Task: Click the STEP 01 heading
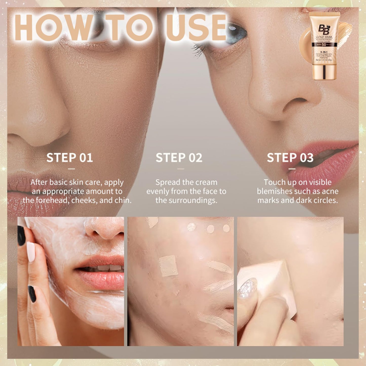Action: coord(70,158)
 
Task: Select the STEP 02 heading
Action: coord(179,158)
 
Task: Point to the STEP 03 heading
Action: coord(290,158)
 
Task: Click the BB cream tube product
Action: coord(324,46)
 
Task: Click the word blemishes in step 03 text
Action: coord(275,191)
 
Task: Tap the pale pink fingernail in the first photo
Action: coord(31,252)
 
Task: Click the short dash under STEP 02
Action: coord(181,169)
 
